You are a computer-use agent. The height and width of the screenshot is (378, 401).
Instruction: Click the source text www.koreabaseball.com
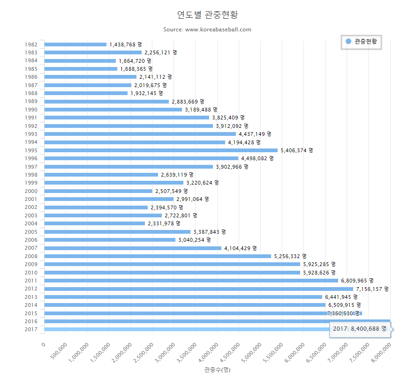coord(207,30)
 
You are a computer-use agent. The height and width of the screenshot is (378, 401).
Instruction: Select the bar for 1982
coord(76,44)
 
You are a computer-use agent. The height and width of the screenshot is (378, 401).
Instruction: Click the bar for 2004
coord(95,223)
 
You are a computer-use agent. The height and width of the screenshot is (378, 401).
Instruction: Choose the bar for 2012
coord(198,289)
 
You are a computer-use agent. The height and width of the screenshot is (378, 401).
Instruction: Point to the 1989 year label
coord(31,102)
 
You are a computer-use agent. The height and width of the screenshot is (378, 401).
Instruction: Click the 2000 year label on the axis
coord(31,191)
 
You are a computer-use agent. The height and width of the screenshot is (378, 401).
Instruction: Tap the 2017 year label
coord(31,330)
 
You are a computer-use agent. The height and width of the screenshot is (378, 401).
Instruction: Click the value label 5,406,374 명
coord(296,150)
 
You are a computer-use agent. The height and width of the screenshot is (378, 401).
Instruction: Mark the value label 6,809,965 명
coord(357,281)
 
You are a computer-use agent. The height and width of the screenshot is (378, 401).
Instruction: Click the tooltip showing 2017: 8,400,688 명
coord(360,329)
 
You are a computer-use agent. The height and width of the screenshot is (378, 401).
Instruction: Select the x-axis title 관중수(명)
coord(217,370)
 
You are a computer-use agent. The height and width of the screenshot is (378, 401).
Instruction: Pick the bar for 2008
coord(158,256)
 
